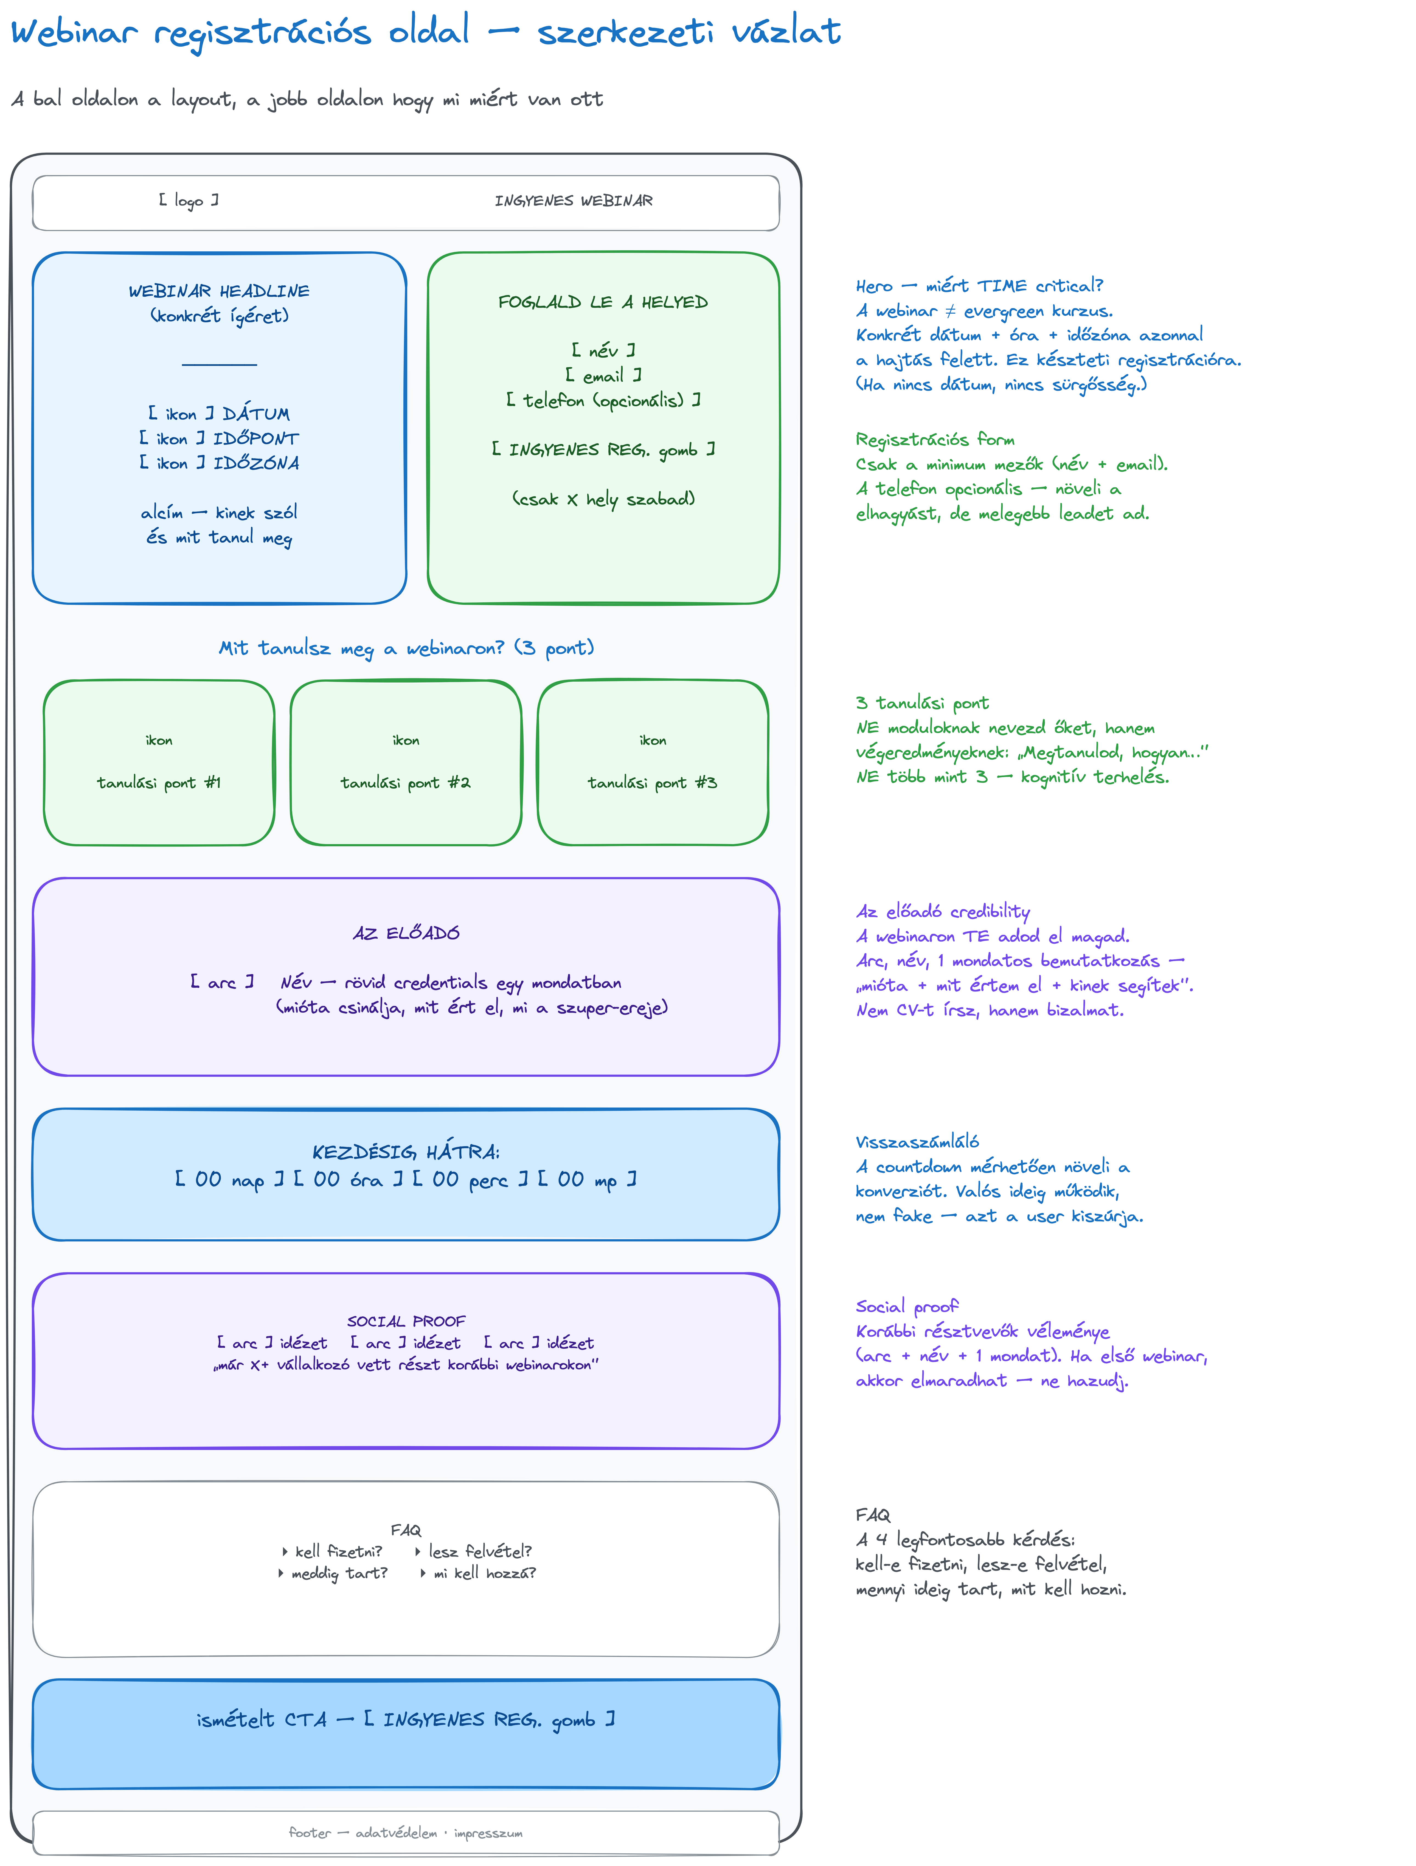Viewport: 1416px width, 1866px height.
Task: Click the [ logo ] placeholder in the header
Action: tap(189, 201)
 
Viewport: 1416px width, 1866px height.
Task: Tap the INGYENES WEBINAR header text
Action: tap(574, 201)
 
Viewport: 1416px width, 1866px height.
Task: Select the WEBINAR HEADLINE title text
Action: tap(219, 291)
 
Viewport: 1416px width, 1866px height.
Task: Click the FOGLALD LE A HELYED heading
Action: tap(603, 302)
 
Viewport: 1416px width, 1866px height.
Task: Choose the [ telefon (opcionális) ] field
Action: tap(603, 400)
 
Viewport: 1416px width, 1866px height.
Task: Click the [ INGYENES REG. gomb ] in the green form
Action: tap(603, 450)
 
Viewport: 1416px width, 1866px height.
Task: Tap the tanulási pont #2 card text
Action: tap(406, 783)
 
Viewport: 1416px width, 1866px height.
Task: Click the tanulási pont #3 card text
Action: tap(653, 783)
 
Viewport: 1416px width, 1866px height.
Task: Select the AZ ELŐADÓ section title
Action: tap(406, 933)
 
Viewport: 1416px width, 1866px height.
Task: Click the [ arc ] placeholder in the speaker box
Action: tap(222, 982)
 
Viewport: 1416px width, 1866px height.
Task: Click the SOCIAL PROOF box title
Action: tap(406, 1321)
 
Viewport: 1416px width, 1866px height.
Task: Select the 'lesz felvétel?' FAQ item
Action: tap(474, 1551)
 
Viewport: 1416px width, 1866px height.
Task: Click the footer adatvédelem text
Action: tap(396, 1833)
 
